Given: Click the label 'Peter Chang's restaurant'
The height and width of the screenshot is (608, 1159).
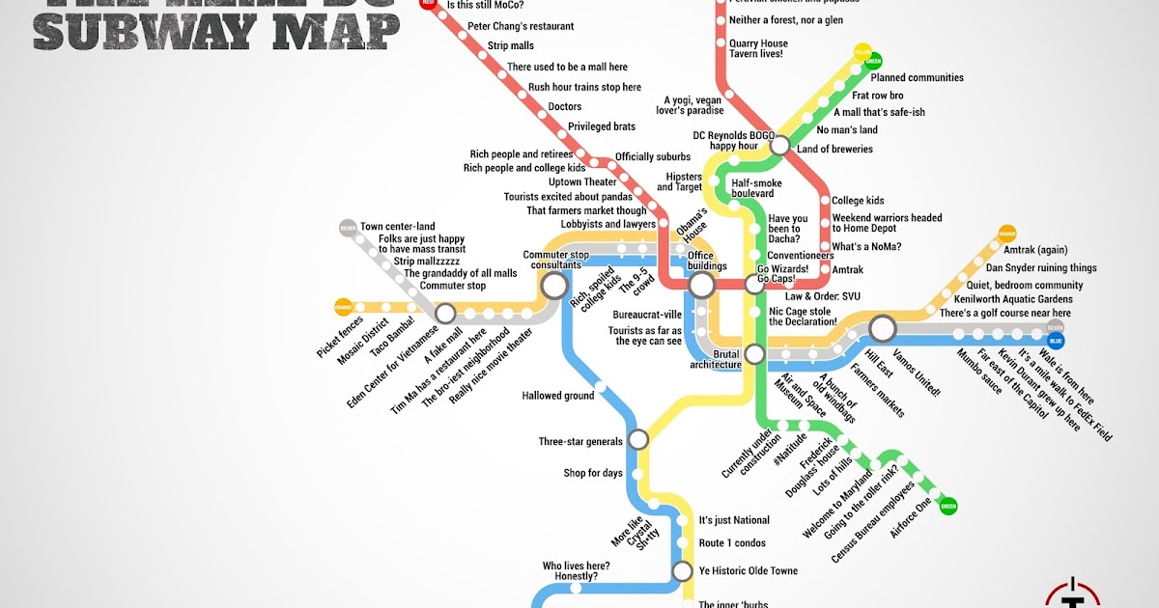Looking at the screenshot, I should (520, 26).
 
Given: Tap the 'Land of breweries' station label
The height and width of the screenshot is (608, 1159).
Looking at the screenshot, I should (834, 150).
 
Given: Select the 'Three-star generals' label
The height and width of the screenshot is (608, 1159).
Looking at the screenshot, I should (580, 442).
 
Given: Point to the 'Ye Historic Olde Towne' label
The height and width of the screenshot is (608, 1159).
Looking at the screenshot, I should (748, 571).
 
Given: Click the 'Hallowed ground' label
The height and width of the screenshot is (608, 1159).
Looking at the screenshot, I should (558, 396).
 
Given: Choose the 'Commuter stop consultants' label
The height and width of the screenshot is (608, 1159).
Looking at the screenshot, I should (556, 260).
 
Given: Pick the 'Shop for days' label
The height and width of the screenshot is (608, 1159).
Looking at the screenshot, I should (593, 473).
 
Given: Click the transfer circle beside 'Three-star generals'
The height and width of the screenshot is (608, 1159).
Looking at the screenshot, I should (637, 440).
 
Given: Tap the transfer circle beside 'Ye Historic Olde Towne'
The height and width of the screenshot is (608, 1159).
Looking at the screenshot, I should (683, 570).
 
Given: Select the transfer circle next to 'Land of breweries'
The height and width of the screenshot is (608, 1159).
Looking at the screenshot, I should (780, 146).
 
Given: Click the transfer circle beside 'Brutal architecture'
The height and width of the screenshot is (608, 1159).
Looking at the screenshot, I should (754, 354).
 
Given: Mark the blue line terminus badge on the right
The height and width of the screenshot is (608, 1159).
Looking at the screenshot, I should (1056, 341).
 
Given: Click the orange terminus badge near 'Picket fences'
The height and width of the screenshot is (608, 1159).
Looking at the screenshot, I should (343, 308).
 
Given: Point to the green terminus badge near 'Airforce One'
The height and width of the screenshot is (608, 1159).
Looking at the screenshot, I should (948, 505).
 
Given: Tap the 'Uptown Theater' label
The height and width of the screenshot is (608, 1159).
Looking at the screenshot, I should (582, 182).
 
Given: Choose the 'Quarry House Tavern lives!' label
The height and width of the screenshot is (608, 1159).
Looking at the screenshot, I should (758, 48).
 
